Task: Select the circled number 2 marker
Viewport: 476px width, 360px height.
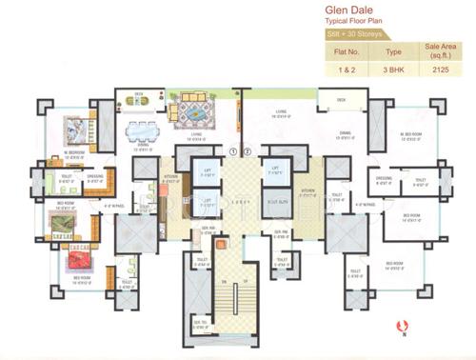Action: click(246, 150)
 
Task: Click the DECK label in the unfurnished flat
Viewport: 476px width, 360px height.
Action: click(341, 100)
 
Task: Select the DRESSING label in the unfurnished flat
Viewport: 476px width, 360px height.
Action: click(384, 177)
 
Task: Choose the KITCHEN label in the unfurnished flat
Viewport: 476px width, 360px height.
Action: click(307, 190)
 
